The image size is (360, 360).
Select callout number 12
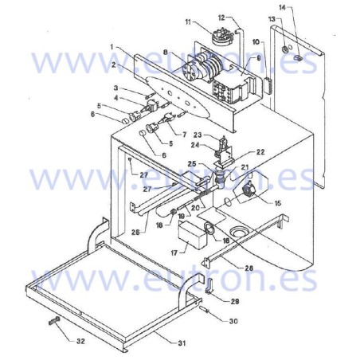point(221,17)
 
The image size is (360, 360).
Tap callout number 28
point(249,268)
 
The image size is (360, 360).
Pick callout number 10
point(256,41)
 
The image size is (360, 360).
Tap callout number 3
point(115,88)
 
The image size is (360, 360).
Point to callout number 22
point(260,152)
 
